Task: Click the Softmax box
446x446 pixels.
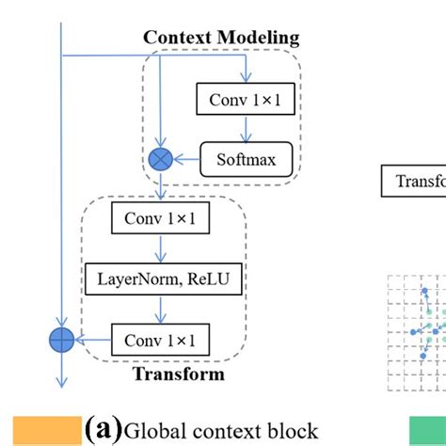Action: click(x=247, y=158)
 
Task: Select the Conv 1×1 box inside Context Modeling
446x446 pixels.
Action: click(x=243, y=98)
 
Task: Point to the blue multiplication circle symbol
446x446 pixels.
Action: click(x=161, y=158)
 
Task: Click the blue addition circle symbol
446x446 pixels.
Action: click(x=61, y=339)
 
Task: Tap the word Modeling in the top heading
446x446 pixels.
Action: click(x=261, y=38)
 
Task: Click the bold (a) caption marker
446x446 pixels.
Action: click(x=103, y=429)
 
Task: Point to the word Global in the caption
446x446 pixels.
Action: click(x=153, y=430)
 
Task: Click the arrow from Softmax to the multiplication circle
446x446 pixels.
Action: click(x=188, y=158)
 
